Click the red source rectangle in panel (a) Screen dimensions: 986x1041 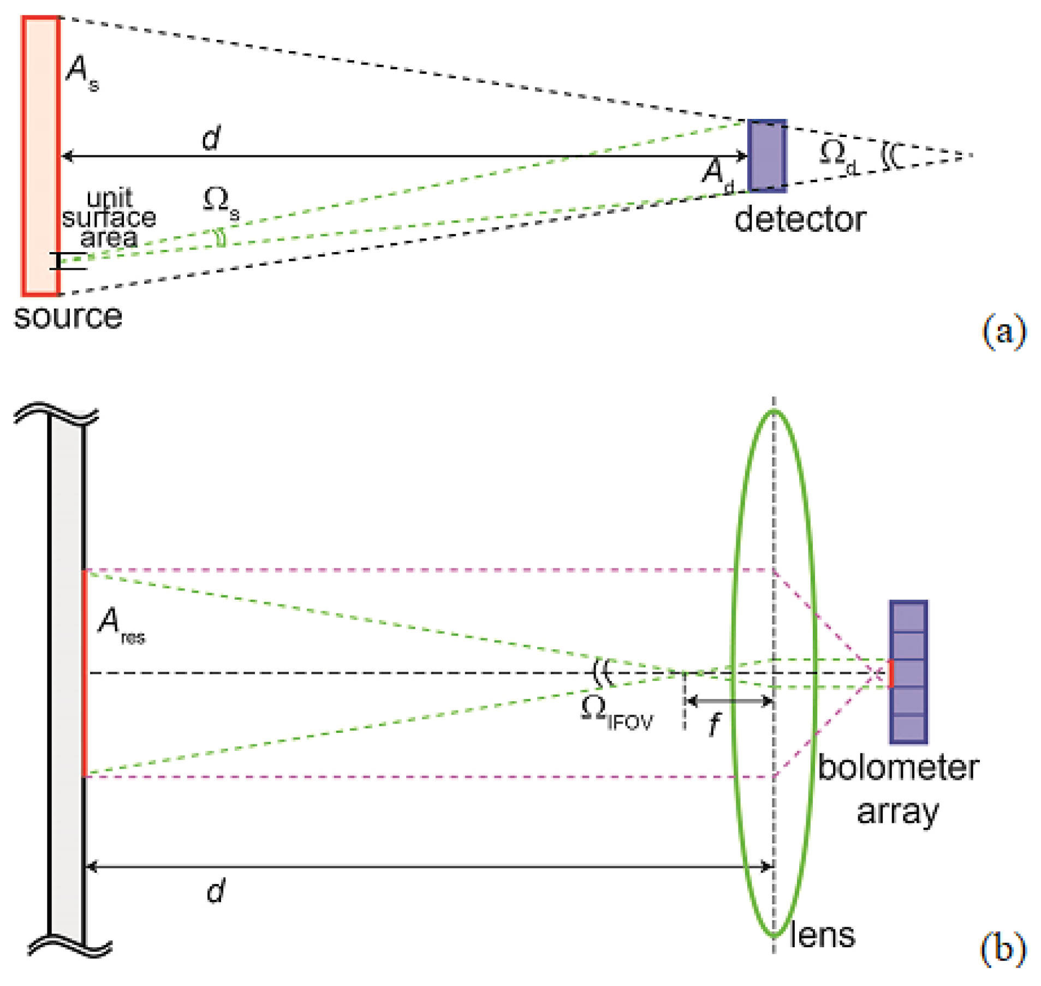[x=40, y=156]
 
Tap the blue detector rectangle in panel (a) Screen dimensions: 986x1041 [x=766, y=156]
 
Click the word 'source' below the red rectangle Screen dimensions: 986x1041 [x=68, y=317]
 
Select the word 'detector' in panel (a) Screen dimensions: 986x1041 [x=800, y=219]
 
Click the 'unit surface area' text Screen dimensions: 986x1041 [x=109, y=218]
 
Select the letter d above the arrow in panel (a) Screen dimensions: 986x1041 [x=211, y=138]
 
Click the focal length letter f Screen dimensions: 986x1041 [x=714, y=724]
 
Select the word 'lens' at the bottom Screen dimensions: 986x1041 [x=822, y=935]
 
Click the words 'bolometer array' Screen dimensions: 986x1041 [x=897, y=788]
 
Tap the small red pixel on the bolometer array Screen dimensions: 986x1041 [x=890, y=673]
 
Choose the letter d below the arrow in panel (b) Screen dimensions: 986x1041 [x=215, y=892]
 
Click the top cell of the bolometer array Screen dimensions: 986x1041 [x=908, y=617]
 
